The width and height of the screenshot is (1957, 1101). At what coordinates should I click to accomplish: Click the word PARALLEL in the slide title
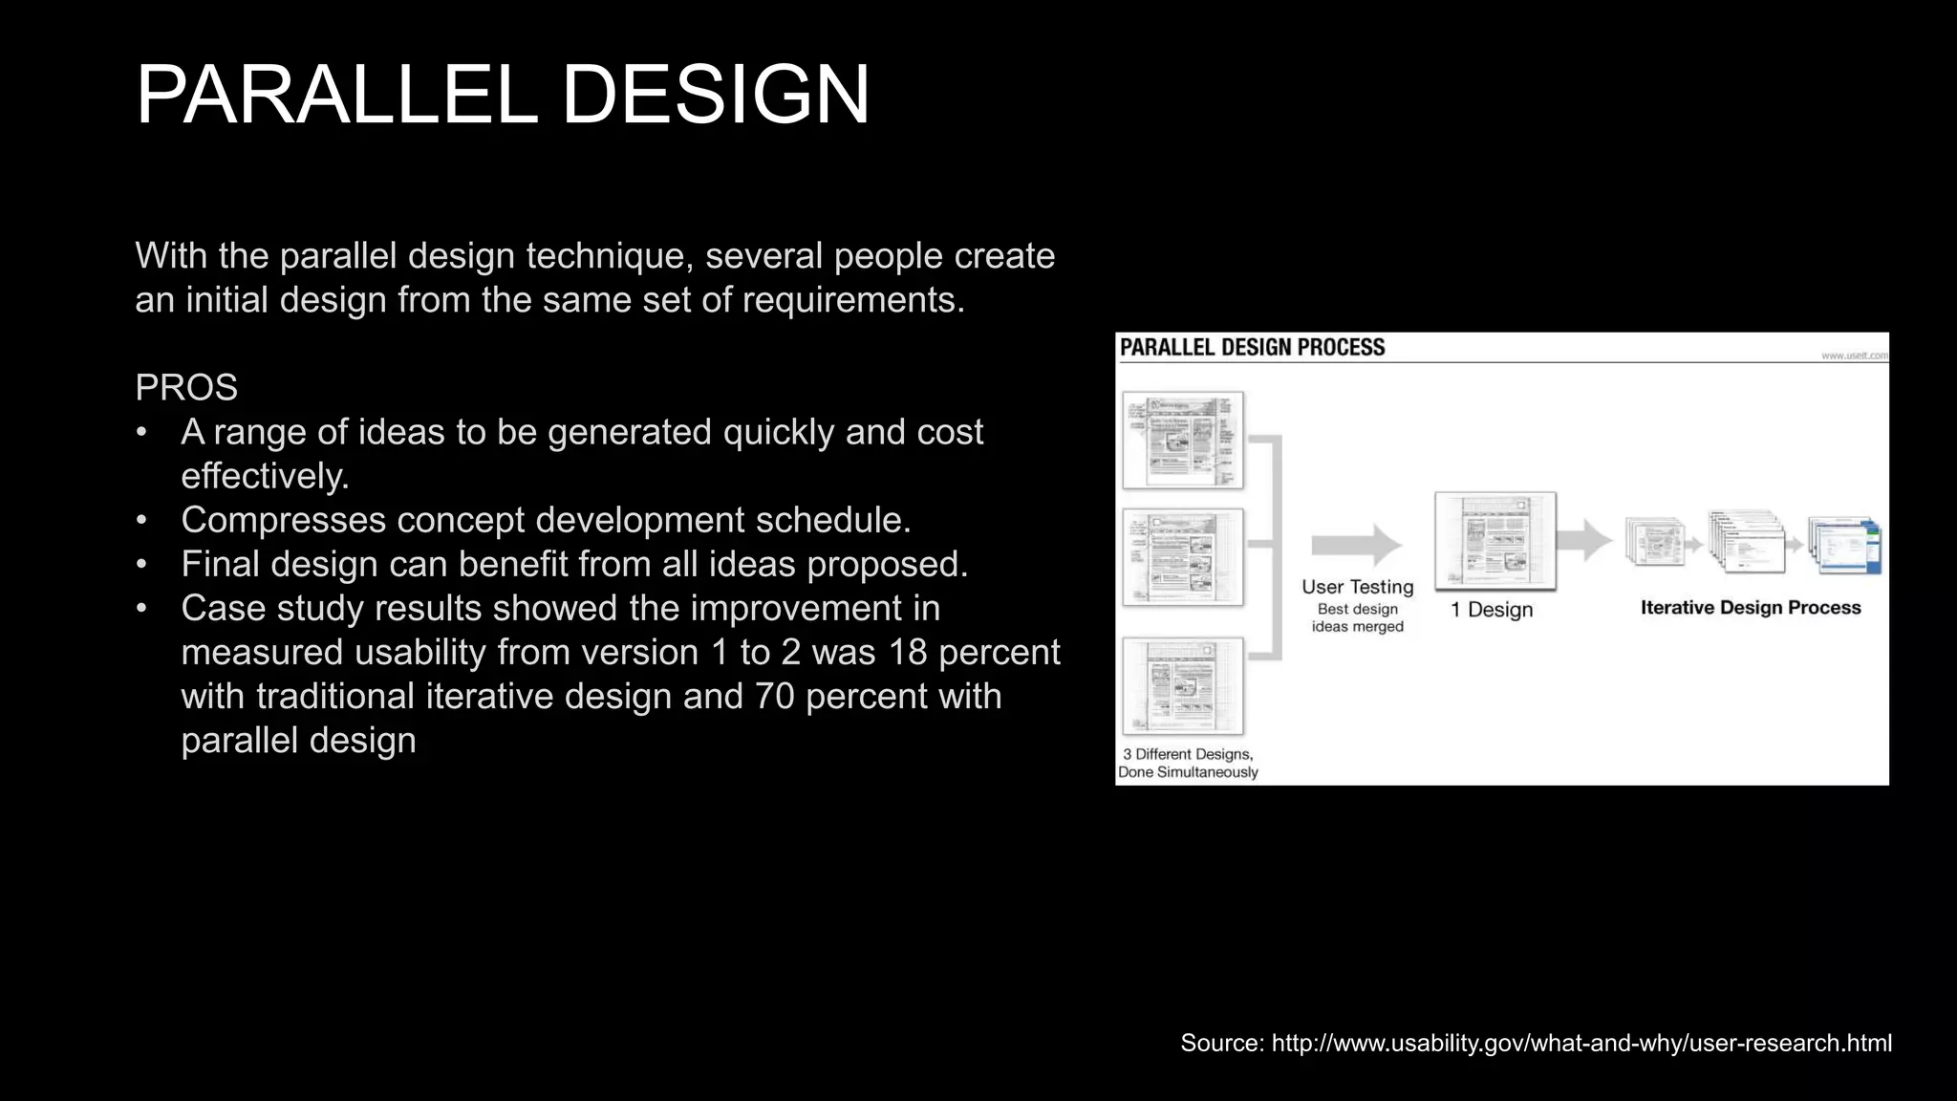point(337,95)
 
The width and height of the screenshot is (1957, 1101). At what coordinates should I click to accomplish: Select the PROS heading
point(186,387)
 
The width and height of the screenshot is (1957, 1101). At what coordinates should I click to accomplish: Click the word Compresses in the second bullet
point(283,520)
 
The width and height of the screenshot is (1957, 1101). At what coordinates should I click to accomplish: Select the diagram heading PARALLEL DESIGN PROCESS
point(1252,348)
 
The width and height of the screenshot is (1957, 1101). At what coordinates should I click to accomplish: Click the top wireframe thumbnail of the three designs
point(1183,440)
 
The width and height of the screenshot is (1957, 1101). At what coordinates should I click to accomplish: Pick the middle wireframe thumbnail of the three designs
point(1183,557)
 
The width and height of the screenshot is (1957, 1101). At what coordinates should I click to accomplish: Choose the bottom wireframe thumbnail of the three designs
point(1183,685)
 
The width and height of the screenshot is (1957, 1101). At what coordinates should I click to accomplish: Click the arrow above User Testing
point(1356,545)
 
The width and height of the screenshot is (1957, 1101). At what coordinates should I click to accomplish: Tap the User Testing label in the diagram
point(1357,587)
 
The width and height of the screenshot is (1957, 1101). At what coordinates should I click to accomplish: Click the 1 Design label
point(1492,610)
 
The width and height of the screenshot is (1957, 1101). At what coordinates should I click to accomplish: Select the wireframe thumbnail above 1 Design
point(1495,540)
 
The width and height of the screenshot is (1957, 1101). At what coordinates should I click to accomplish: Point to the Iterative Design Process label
point(1751,608)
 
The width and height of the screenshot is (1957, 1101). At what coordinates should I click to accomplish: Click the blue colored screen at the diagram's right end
point(1845,546)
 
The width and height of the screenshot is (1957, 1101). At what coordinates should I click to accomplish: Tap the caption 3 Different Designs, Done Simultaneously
point(1188,763)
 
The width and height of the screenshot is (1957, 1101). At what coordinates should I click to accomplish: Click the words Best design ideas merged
point(1357,617)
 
